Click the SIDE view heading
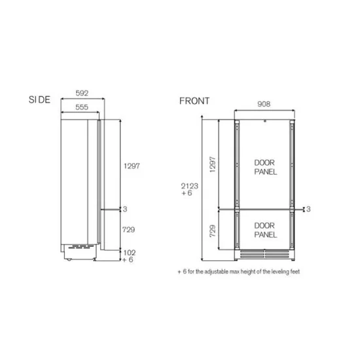point(39,99)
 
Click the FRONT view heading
point(194,101)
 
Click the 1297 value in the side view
point(132,166)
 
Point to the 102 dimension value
point(130,251)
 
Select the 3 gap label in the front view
point(308,209)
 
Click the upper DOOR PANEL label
point(264,167)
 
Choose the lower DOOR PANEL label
point(264,229)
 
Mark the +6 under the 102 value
point(128,259)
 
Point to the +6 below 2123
point(188,194)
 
